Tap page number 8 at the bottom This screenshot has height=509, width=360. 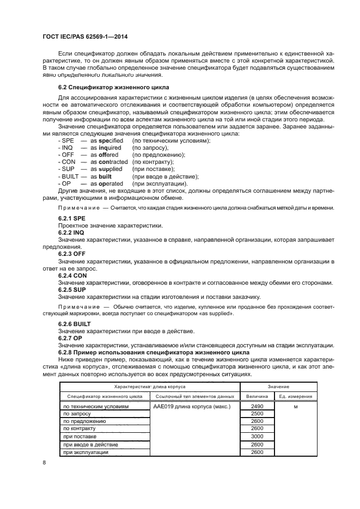click(x=44, y=463)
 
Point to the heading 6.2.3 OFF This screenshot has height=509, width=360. click(x=71, y=254)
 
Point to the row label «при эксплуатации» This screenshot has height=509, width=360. click(x=86, y=452)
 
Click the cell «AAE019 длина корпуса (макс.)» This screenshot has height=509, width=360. click(x=192, y=407)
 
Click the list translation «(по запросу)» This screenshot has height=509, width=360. click(x=151, y=148)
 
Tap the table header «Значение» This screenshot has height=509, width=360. click(x=278, y=386)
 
